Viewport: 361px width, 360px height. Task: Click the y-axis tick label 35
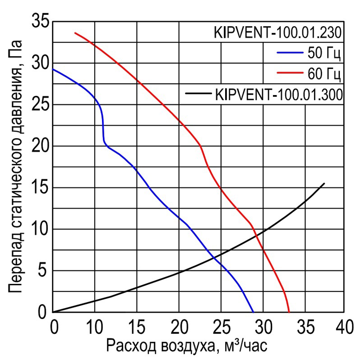click(41, 21)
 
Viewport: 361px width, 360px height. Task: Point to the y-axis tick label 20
click(41, 146)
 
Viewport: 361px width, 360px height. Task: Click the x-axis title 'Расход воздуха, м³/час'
click(187, 346)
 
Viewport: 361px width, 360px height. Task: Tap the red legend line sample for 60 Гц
click(289, 73)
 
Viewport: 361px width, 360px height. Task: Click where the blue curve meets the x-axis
click(254, 312)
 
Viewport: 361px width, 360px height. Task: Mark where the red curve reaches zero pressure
click(289, 312)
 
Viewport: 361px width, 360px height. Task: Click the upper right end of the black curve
click(324, 183)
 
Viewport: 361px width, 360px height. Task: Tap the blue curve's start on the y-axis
click(53, 69)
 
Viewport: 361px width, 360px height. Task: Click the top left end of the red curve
click(75, 33)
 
